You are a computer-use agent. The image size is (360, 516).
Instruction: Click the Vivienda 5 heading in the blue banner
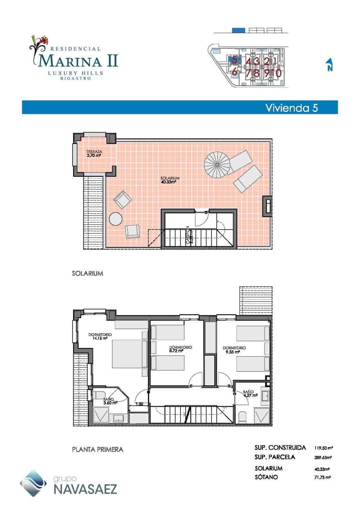(291, 107)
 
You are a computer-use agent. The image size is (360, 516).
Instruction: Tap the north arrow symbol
(329, 65)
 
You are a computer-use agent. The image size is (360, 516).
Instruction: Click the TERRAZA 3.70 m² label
(94, 154)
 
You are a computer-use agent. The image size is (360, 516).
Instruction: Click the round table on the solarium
(116, 219)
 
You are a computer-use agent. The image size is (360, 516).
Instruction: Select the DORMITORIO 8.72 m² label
(180, 348)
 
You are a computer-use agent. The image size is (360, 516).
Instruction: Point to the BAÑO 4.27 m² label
(248, 394)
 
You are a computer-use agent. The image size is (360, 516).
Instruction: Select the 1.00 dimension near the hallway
(139, 404)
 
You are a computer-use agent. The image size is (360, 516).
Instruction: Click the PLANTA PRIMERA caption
(98, 449)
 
